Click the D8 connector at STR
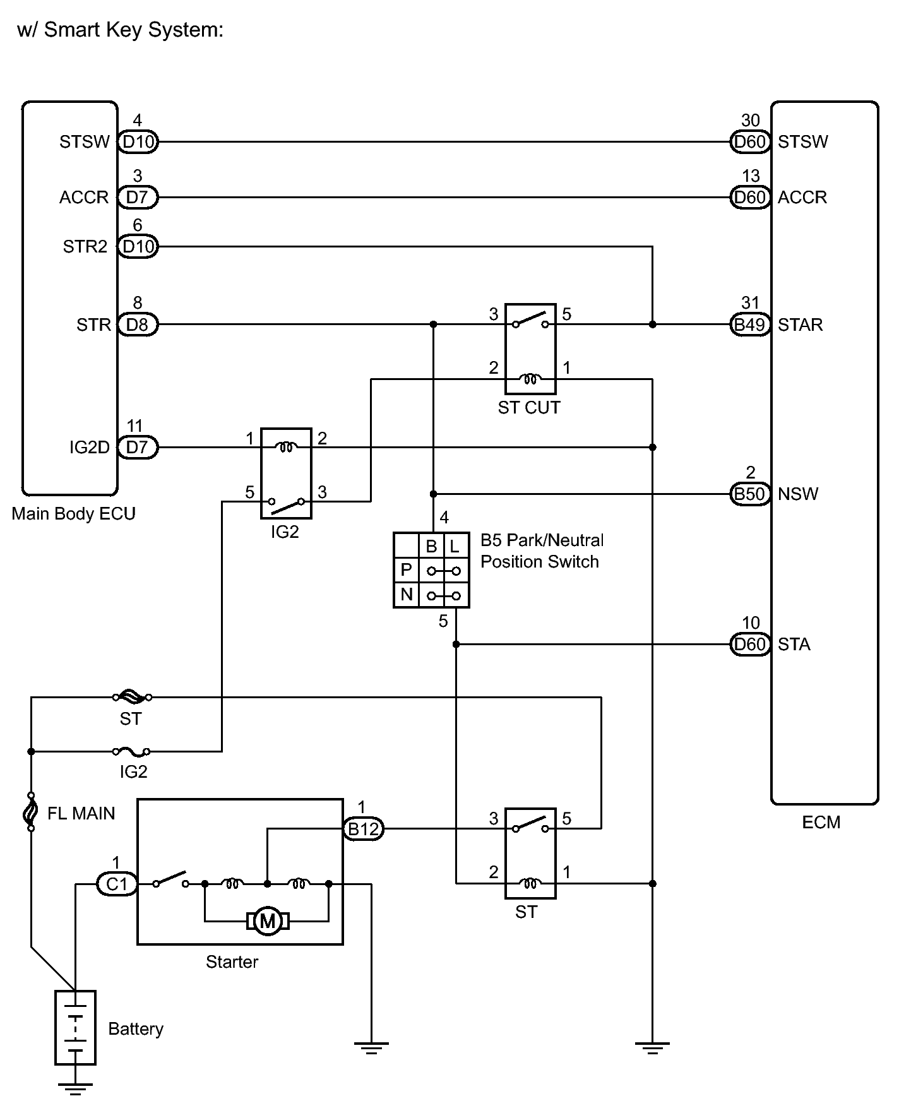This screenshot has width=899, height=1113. (x=138, y=325)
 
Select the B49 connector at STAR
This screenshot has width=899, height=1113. (x=750, y=325)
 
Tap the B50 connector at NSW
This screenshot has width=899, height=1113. (x=750, y=494)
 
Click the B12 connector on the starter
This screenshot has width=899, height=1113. (x=363, y=828)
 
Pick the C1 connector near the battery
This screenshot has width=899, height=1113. (x=117, y=884)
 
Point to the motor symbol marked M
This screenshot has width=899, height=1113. (x=268, y=922)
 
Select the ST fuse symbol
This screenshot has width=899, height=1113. (x=132, y=697)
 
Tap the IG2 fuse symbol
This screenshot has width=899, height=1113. (x=131, y=751)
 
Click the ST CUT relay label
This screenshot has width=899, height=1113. (x=529, y=408)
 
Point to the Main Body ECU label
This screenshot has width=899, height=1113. (x=73, y=514)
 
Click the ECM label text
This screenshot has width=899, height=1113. (x=821, y=823)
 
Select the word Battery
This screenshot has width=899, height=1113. (x=136, y=1029)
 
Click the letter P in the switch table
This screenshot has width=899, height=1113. (x=407, y=570)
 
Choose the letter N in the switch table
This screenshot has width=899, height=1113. (x=407, y=595)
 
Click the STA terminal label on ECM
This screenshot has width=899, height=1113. (x=794, y=645)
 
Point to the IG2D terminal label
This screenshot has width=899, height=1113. (x=90, y=448)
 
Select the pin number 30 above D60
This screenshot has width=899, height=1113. (x=750, y=121)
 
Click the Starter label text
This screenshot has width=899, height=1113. (x=232, y=962)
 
